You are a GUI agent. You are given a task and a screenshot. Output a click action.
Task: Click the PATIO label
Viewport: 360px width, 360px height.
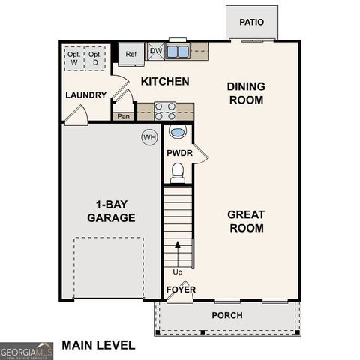(x=252, y=22)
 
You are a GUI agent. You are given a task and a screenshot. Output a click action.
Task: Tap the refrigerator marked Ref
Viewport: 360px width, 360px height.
(x=130, y=54)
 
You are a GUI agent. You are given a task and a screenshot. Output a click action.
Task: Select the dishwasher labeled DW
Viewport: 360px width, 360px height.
(x=156, y=51)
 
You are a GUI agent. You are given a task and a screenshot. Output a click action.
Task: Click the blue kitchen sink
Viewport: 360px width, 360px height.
(x=178, y=52)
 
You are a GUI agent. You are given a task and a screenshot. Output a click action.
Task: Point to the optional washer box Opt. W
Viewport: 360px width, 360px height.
(x=74, y=58)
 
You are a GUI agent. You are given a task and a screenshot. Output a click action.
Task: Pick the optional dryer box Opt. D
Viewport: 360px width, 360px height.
(x=94, y=58)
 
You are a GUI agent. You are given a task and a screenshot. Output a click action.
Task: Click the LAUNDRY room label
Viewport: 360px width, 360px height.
(x=85, y=94)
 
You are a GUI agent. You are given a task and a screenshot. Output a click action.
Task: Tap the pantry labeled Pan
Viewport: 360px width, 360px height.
(x=123, y=116)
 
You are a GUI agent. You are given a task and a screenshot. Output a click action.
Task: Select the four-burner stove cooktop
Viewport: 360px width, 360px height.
(x=165, y=111)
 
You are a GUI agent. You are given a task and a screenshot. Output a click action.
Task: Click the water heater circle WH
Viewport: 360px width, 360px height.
(x=149, y=137)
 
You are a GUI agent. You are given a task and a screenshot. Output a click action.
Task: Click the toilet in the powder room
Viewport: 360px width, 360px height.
(x=178, y=174)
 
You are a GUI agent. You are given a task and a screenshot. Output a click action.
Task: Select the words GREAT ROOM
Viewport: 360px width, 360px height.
(x=245, y=221)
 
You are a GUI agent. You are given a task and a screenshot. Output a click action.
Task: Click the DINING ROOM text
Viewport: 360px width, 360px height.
(x=245, y=93)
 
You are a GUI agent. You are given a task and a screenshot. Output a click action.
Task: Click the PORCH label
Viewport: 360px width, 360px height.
(x=226, y=315)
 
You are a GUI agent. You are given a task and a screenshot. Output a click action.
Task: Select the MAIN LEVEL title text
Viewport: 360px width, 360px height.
(x=98, y=345)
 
